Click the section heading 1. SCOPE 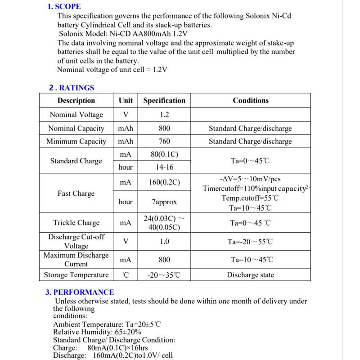64,7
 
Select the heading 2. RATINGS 72,88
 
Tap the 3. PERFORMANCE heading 80,292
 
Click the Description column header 76,100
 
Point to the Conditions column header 250,100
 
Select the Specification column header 164,100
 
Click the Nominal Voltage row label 76,115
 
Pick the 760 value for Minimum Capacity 164,141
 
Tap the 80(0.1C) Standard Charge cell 164,154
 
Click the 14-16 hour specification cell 164,167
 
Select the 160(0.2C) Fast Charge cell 164,182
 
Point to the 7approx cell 164,202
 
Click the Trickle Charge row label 76,223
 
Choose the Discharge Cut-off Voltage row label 76,241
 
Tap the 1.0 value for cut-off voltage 164,242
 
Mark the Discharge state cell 250,275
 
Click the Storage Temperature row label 76,275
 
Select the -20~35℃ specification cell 164,275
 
